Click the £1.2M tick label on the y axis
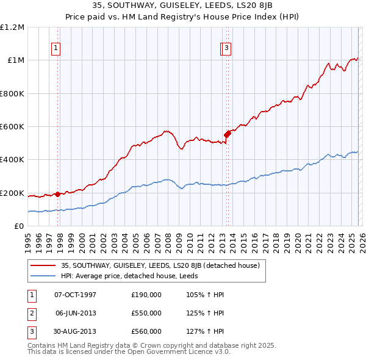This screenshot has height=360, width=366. [12, 27]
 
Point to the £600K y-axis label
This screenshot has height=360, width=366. [12, 127]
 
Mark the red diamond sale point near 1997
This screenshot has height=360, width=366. [58, 195]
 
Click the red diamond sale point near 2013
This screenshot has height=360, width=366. [227, 134]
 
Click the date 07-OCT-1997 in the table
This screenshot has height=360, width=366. [75, 295]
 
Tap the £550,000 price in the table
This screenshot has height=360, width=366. [146, 313]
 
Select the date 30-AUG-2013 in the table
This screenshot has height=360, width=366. [75, 331]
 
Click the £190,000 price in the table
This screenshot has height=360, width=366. [146, 295]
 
